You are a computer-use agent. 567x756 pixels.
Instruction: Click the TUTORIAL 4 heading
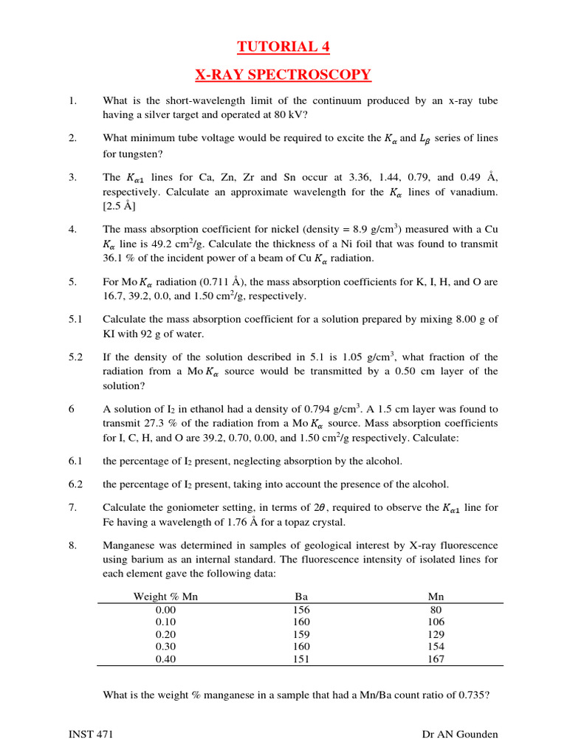tap(283, 47)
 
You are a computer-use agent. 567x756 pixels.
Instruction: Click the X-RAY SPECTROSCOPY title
tap(283, 75)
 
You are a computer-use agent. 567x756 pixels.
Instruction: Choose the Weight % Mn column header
tap(165, 596)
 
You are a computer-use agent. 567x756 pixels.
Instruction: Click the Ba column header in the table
tap(300, 596)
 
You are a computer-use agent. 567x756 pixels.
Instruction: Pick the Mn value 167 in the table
tap(436, 659)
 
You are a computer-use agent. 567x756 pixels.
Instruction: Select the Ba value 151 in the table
tap(300, 659)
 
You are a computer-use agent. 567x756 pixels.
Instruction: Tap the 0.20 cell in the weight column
tap(165, 634)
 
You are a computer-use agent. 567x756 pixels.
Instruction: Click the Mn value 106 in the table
tap(436, 622)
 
